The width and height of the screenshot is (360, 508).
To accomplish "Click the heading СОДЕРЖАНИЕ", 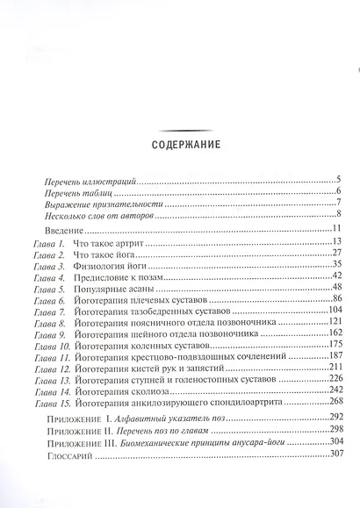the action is [x=179, y=146].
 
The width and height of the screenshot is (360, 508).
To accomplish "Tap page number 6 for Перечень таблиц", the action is [x=337, y=191].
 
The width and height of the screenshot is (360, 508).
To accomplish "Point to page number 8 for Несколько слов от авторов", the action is [x=337, y=214].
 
